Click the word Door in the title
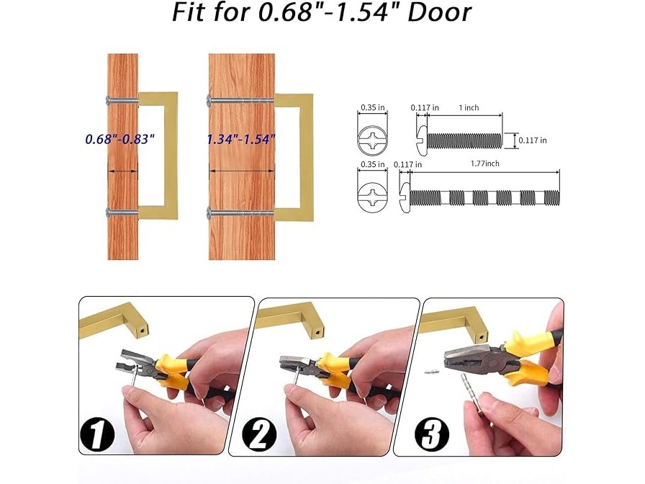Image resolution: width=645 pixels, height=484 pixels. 438,12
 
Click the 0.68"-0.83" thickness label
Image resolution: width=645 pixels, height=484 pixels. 119,139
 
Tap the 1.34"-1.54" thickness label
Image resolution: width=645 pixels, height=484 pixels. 240,139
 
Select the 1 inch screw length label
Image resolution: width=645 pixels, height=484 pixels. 469,107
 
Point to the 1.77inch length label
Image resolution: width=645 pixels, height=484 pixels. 485,163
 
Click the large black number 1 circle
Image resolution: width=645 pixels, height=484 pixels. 97,434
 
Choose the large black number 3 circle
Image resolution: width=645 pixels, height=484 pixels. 431,434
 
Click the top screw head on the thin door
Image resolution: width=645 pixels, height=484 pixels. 109,99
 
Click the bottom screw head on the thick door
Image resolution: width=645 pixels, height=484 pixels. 209,212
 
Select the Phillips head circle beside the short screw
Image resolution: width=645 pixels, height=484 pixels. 372,140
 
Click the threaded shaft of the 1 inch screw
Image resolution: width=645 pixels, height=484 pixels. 465,140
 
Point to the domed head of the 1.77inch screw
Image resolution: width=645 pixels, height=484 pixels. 405,198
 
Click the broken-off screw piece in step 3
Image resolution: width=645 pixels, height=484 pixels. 433,372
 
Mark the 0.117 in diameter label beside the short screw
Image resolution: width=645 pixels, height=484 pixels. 533,140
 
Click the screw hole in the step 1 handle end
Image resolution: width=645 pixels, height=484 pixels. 143,330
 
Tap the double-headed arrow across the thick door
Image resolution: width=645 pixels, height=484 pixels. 241,171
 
